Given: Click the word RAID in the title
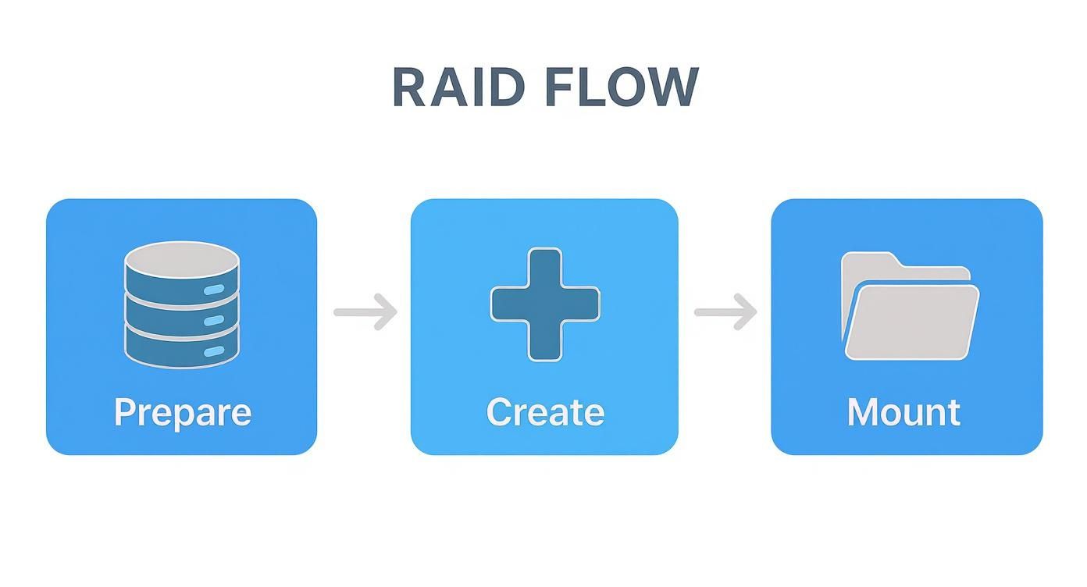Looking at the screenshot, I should click(457, 87).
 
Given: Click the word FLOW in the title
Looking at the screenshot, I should click(621, 87).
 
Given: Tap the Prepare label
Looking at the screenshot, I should click(182, 412).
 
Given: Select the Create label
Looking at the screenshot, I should click(545, 412).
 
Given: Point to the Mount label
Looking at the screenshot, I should click(903, 412).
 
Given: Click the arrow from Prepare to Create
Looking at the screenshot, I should click(365, 312).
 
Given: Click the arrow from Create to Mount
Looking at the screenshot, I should click(725, 312).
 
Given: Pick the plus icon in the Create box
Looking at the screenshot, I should click(545, 304).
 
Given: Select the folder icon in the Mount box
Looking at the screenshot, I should click(909, 306).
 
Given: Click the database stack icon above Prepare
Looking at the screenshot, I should click(182, 304).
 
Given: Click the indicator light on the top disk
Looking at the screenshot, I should click(213, 290).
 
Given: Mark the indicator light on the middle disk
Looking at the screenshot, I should click(213, 321).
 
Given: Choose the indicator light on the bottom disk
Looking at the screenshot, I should click(213, 352).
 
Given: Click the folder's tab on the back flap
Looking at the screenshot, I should click(867, 261).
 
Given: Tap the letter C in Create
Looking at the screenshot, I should click(500, 412).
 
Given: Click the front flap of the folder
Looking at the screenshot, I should click(912, 324).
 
